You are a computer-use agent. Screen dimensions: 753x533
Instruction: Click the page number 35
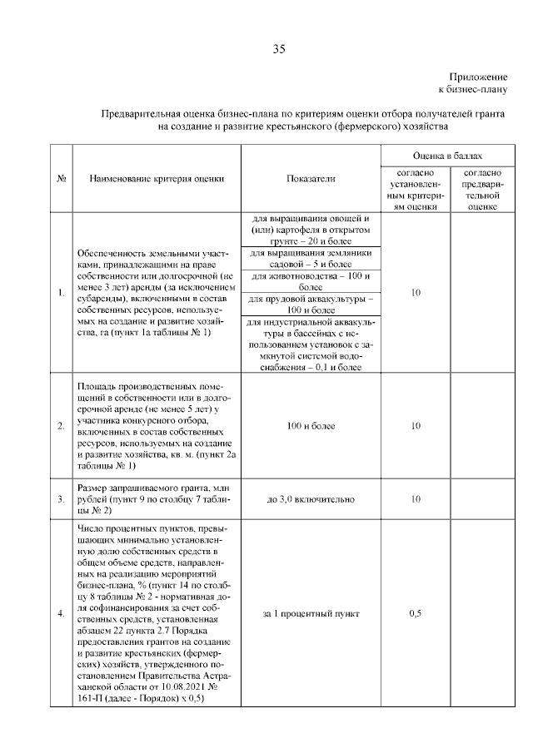(x=279, y=49)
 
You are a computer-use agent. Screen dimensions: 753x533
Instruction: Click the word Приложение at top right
(x=478, y=75)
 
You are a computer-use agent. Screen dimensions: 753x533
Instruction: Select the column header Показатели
(x=310, y=178)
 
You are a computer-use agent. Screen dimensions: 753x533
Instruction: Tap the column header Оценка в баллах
(x=446, y=156)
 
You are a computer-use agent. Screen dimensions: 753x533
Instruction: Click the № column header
(x=62, y=178)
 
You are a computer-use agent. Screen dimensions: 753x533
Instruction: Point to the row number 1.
(x=62, y=292)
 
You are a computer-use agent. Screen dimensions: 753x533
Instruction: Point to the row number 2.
(x=62, y=426)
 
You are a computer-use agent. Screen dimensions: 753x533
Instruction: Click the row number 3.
(x=62, y=499)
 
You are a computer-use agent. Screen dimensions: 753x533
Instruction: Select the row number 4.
(x=62, y=613)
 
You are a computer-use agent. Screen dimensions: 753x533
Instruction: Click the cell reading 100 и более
(x=310, y=426)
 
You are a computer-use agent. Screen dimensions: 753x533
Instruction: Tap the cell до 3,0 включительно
(x=310, y=499)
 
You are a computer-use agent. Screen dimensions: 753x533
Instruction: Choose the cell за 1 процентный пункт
(x=310, y=613)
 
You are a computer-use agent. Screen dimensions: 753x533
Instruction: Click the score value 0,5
(x=415, y=613)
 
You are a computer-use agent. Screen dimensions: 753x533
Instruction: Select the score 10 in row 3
(x=415, y=499)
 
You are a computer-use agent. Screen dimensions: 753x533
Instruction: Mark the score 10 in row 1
(x=415, y=292)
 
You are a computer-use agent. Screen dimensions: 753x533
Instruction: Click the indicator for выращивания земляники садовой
(x=310, y=257)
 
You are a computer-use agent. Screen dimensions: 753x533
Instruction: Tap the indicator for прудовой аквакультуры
(x=310, y=302)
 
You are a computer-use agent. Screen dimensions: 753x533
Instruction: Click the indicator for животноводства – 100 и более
(x=310, y=280)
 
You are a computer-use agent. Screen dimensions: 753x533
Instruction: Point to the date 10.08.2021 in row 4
(x=180, y=689)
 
